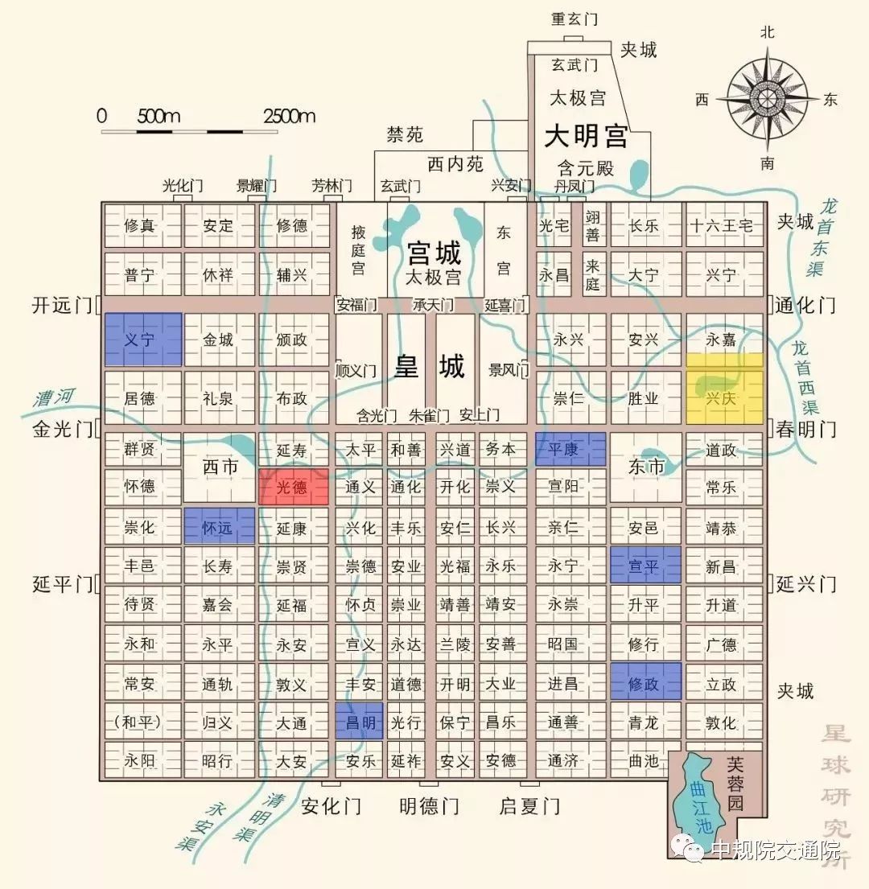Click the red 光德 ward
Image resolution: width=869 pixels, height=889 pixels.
293,487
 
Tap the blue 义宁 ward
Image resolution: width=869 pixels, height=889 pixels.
142,340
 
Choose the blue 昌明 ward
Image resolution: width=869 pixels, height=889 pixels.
359,722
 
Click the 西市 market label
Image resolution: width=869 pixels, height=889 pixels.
220,466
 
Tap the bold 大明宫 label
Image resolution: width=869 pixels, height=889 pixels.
586,135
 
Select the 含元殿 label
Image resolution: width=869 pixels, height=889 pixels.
586,168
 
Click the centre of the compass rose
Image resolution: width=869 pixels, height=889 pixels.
767,98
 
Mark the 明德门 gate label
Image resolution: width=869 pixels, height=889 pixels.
429,805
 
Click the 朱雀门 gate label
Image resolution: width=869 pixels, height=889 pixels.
428,415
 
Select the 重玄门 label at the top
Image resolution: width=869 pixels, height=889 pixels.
573,19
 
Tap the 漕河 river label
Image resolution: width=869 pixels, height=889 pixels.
54,397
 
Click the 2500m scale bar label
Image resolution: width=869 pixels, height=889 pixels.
289,116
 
